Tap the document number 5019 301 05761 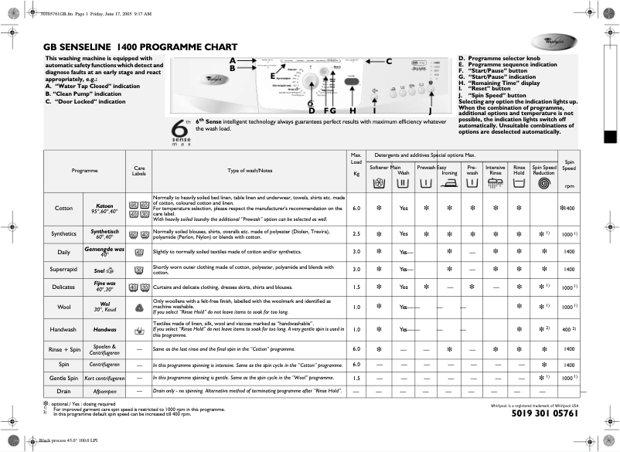[545, 413]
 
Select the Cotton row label [64, 209]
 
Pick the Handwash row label [64, 330]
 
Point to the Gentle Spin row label [64, 378]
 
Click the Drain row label [64, 391]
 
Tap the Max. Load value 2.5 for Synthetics [356, 233]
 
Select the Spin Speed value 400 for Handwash [567, 330]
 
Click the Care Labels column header [139, 170]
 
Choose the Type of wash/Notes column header [250, 170]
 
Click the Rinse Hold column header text [520, 170]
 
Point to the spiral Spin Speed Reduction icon [544, 185]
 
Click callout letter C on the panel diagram [389, 61]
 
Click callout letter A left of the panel [232, 60]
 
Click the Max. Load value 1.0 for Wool [356, 306]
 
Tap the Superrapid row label [64, 270]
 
